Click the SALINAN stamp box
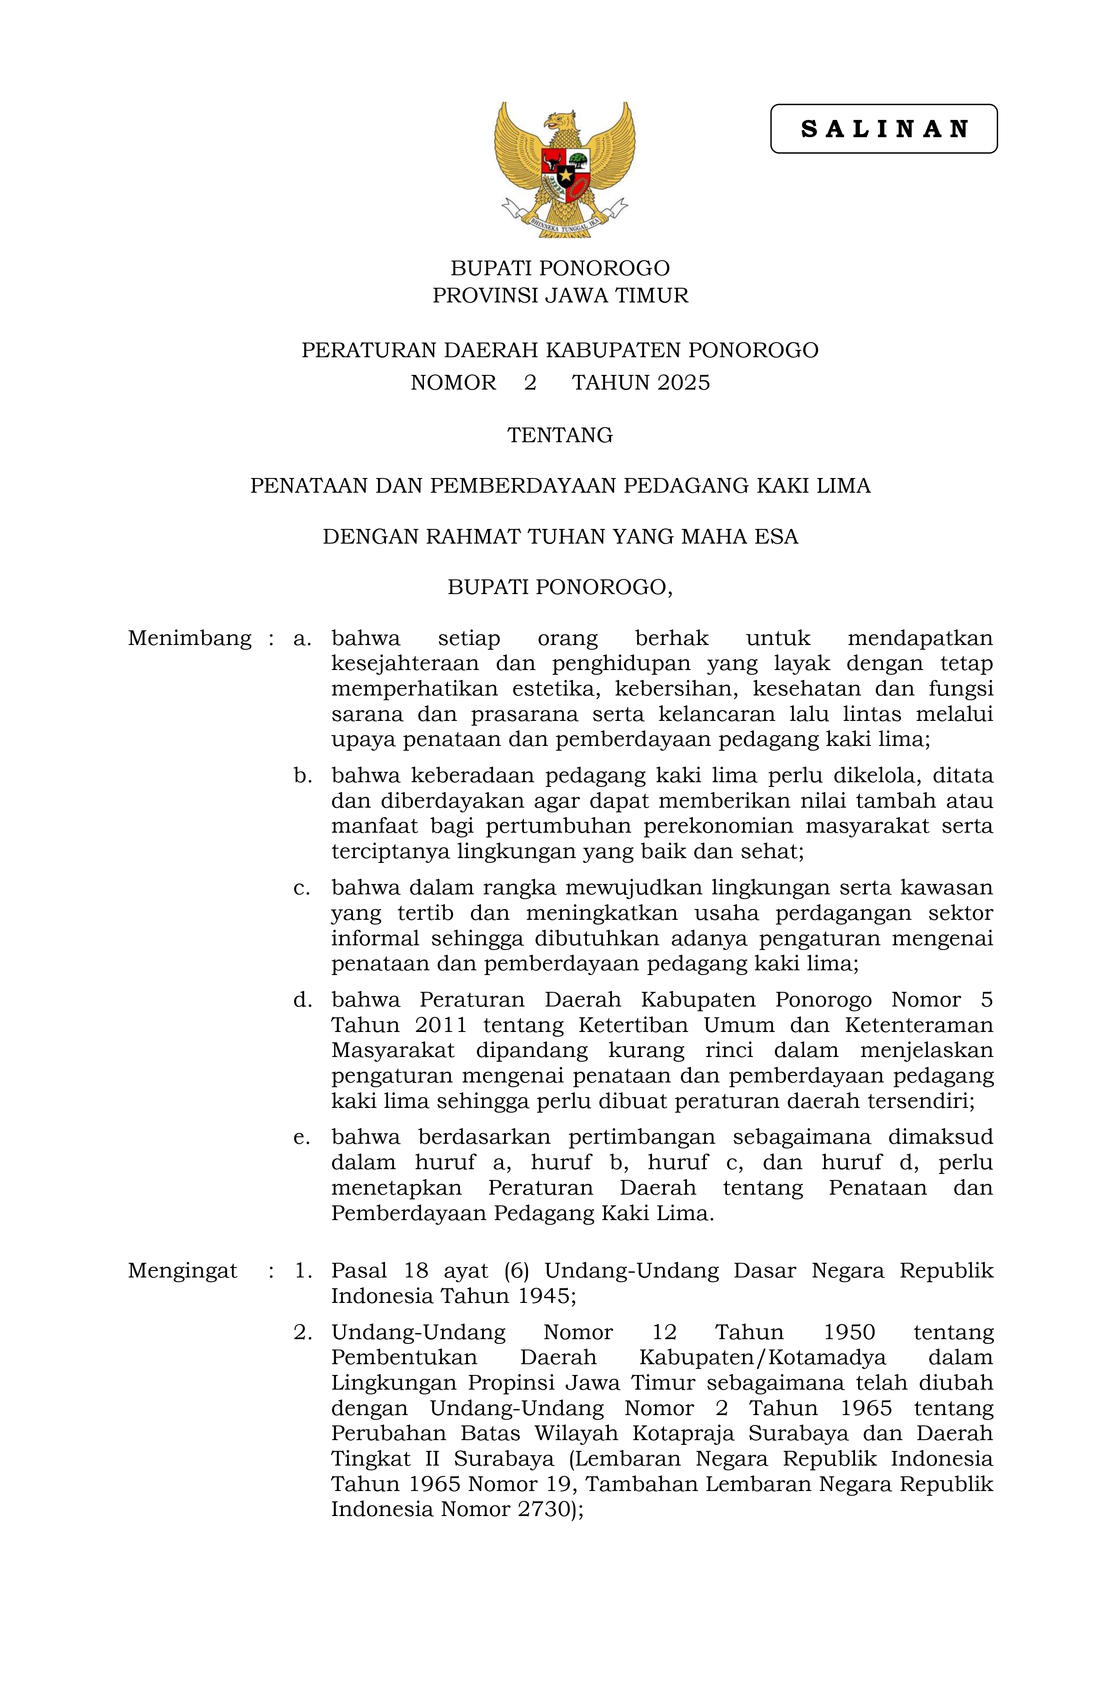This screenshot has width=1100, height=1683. coord(883,129)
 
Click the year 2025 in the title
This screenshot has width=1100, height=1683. coord(683,383)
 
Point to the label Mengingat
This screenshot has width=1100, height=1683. coord(182,1271)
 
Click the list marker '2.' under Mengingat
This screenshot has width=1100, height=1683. coord(303,1332)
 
